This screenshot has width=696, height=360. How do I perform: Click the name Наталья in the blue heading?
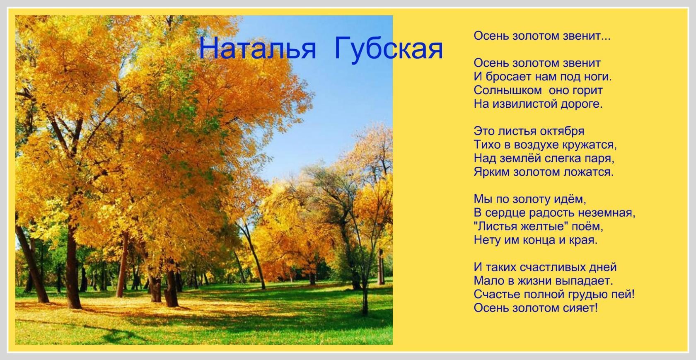click(x=257, y=48)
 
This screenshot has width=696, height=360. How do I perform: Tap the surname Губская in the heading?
click(x=389, y=49)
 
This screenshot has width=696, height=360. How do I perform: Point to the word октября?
click(x=562, y=131)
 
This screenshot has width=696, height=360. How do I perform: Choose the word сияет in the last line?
click(x=580, y=308)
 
